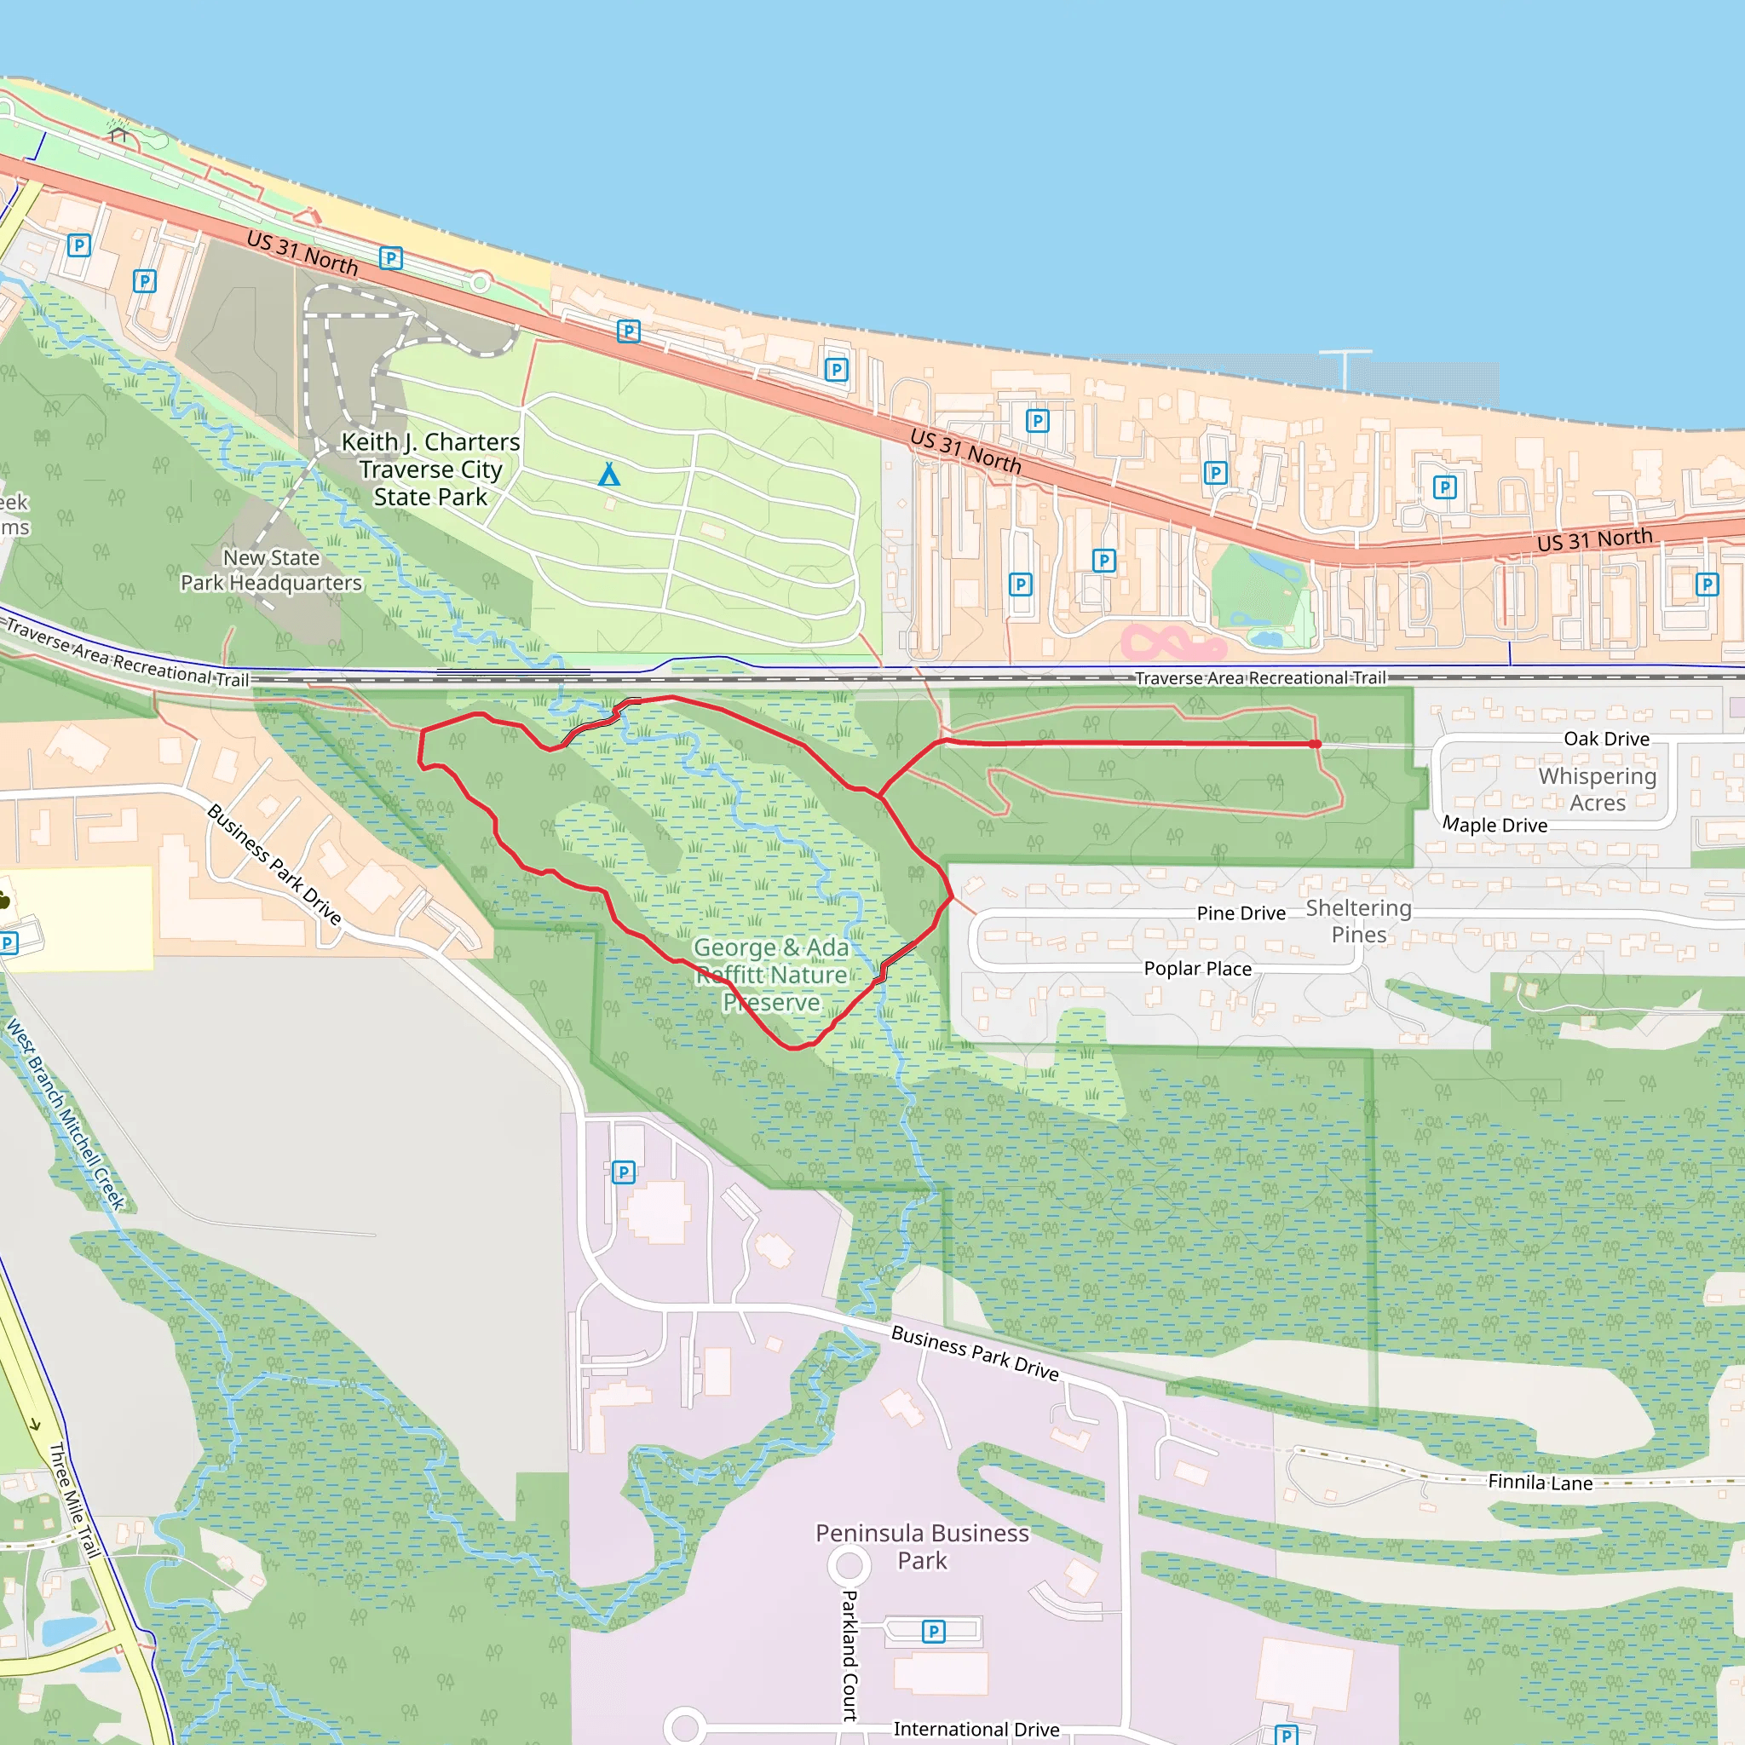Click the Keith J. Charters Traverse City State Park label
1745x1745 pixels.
click(x=431, y=469)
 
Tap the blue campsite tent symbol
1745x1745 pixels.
click(x=610, y=475)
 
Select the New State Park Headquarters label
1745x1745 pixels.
click(x=271, y=571)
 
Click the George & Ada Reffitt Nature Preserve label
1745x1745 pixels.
click(x=771, y=975)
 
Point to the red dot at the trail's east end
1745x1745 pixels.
click(x=1316, y=743)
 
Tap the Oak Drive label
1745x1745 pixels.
click(x=1607, y=739)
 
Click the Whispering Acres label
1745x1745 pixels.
click(x=1597, y=789)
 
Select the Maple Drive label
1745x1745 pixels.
click(x=1494, y=825)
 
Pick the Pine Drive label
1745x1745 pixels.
click(x=1241, y=913)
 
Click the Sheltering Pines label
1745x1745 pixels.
click(x=1358, y=921)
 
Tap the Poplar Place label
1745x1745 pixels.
click(x=1198, y=968)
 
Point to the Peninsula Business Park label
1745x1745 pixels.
click(x=922, y=1546)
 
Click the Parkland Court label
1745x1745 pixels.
click(x=849, y=1655)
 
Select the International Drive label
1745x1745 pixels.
click(x=976, y=1729)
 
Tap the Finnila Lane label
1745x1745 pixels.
click(x=1540, y=1483)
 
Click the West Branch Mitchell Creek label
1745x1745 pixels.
click(x=65, y=1114)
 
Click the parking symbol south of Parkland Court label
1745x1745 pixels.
click(x=933, y=1631)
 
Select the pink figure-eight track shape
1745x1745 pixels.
click(x=1172, y=643)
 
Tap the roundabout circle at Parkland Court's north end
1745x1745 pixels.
click(x=849, y=1565)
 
